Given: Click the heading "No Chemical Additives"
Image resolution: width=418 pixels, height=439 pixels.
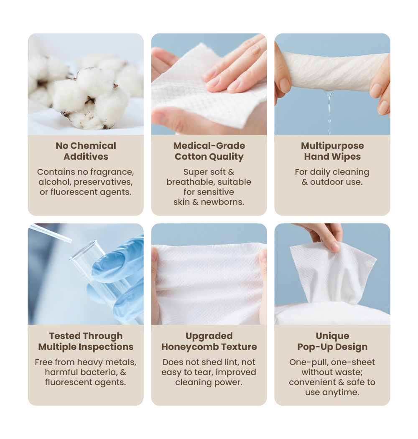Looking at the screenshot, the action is pos(86,151).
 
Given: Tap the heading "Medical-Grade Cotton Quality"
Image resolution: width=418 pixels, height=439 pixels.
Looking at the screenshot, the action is pos(209,151).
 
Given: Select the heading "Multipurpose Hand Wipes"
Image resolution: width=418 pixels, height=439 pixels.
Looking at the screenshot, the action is pos(332,151).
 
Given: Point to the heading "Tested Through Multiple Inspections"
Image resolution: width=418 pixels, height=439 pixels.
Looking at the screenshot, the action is pos(86,341).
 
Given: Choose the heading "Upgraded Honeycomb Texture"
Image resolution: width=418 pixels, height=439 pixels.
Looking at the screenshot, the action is pos(209,341).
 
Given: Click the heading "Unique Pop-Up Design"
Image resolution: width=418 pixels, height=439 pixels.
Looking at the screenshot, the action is pos(332,341).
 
